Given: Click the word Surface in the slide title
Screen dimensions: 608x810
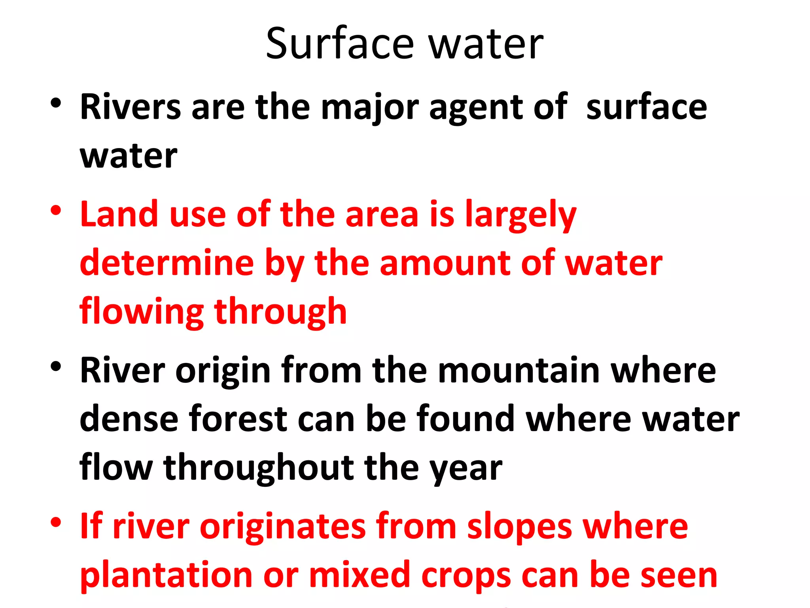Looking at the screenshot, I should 340,44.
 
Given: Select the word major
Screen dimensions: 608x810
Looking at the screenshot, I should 370,108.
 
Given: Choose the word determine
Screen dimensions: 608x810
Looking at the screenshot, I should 167,263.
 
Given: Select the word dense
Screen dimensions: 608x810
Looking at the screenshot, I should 129,418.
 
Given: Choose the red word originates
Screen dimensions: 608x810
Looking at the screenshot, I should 283,526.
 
